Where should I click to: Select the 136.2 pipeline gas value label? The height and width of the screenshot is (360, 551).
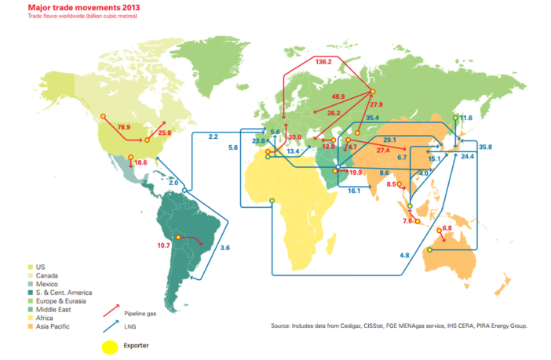[x=323, y=61]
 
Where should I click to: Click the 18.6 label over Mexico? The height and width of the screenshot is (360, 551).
[x=140, y=163]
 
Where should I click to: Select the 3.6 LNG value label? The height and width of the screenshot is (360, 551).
[x=224, y=248]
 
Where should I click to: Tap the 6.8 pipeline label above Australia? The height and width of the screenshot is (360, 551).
[x=447, y=228]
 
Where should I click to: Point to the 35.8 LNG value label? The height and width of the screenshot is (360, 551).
[x=484, y=147]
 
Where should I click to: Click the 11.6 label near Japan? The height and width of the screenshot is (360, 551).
[x=465, y=118]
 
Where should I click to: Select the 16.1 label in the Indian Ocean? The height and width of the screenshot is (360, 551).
[x=353, y=191]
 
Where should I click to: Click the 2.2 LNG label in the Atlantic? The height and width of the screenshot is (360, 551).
[x=213, y=136]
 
